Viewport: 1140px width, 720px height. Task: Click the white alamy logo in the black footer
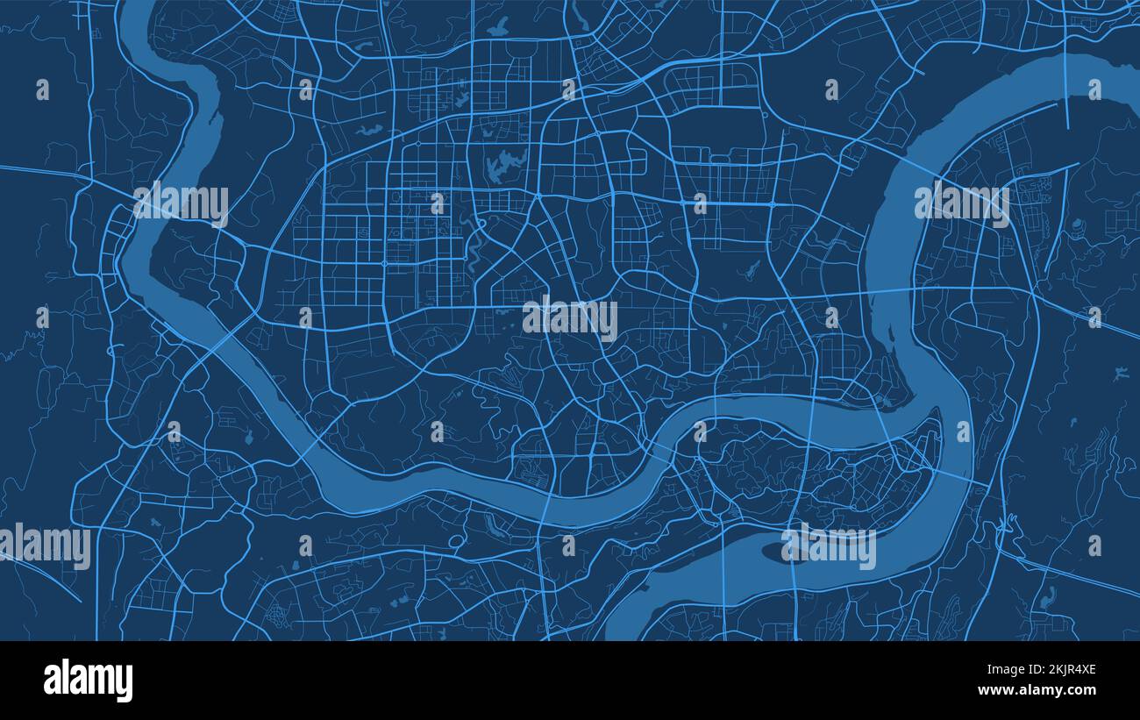88,681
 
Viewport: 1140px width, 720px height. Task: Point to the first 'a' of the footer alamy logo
51,681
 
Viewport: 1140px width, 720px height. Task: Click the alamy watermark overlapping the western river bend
181,204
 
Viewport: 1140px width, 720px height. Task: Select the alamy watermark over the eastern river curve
961,203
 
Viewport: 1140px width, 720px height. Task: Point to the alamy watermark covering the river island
829,546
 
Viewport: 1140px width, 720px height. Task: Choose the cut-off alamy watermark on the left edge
46,546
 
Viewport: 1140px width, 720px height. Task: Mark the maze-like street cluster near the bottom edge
279,611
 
